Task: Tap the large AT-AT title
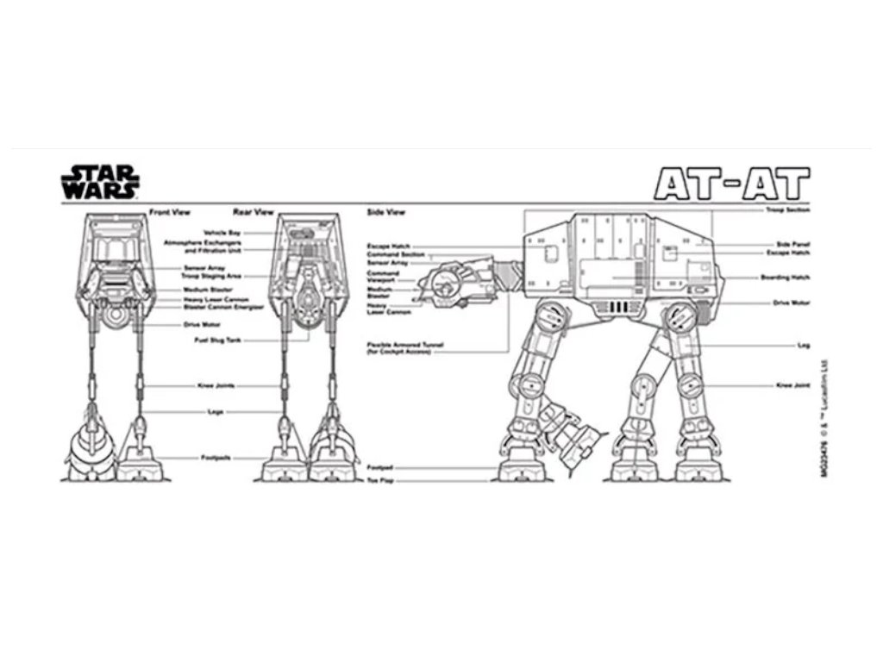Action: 731,183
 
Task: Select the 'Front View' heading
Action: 169,212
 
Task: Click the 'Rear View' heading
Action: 253,212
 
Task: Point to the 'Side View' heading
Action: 386,212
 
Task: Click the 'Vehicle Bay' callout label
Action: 222,234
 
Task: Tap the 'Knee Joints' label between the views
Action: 216,385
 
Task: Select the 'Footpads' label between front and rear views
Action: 216,458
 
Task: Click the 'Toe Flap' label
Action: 380,479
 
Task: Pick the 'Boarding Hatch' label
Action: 786,278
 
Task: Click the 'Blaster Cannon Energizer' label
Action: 210,307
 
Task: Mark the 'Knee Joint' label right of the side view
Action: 792,385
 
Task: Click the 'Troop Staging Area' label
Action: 211,276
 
